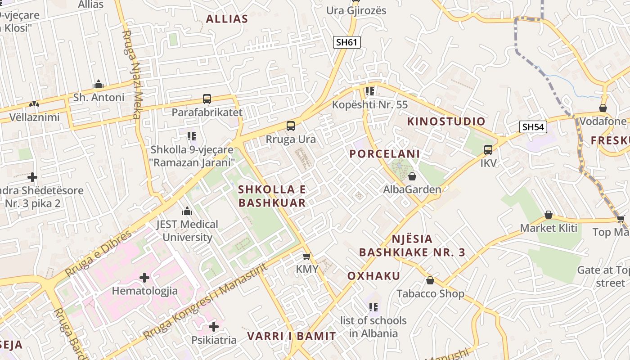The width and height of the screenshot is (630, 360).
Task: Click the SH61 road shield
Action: click(x=347, y=42)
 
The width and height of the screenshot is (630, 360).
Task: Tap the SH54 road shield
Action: click(x=533, y=127)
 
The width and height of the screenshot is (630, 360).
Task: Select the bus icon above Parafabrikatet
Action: click(x=207, y=99)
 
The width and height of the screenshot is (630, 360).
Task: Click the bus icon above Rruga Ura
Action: click(x=291, y=126)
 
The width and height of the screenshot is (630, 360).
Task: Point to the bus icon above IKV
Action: click(x=488, y=150)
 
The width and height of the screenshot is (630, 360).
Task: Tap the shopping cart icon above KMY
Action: click(x=307, y=256)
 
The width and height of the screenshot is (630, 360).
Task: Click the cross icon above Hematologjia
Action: click(x=144, y=278)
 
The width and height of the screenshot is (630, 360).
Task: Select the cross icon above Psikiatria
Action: click(x=214, y=326)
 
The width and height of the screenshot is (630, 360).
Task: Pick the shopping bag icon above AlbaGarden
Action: click(x=412, y=176)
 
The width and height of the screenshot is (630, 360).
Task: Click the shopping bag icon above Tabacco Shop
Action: click(x=430, y=281)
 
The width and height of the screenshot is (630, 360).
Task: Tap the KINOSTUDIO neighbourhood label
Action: click(x=446, y=121)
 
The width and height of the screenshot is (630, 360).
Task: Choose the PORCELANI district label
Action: click(x=385, y=154)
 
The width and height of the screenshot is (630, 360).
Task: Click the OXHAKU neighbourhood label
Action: click(x=373, y=276)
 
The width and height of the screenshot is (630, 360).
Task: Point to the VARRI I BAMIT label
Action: click(x=291, y=336)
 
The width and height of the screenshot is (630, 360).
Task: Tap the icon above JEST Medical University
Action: click(x=187, y=211)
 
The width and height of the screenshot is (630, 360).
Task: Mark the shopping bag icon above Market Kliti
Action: click(x=548, y=215)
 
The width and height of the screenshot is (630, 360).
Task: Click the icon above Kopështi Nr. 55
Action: click(x=370, y=92)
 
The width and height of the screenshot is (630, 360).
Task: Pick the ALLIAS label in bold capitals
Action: click(x=227, y=19)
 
